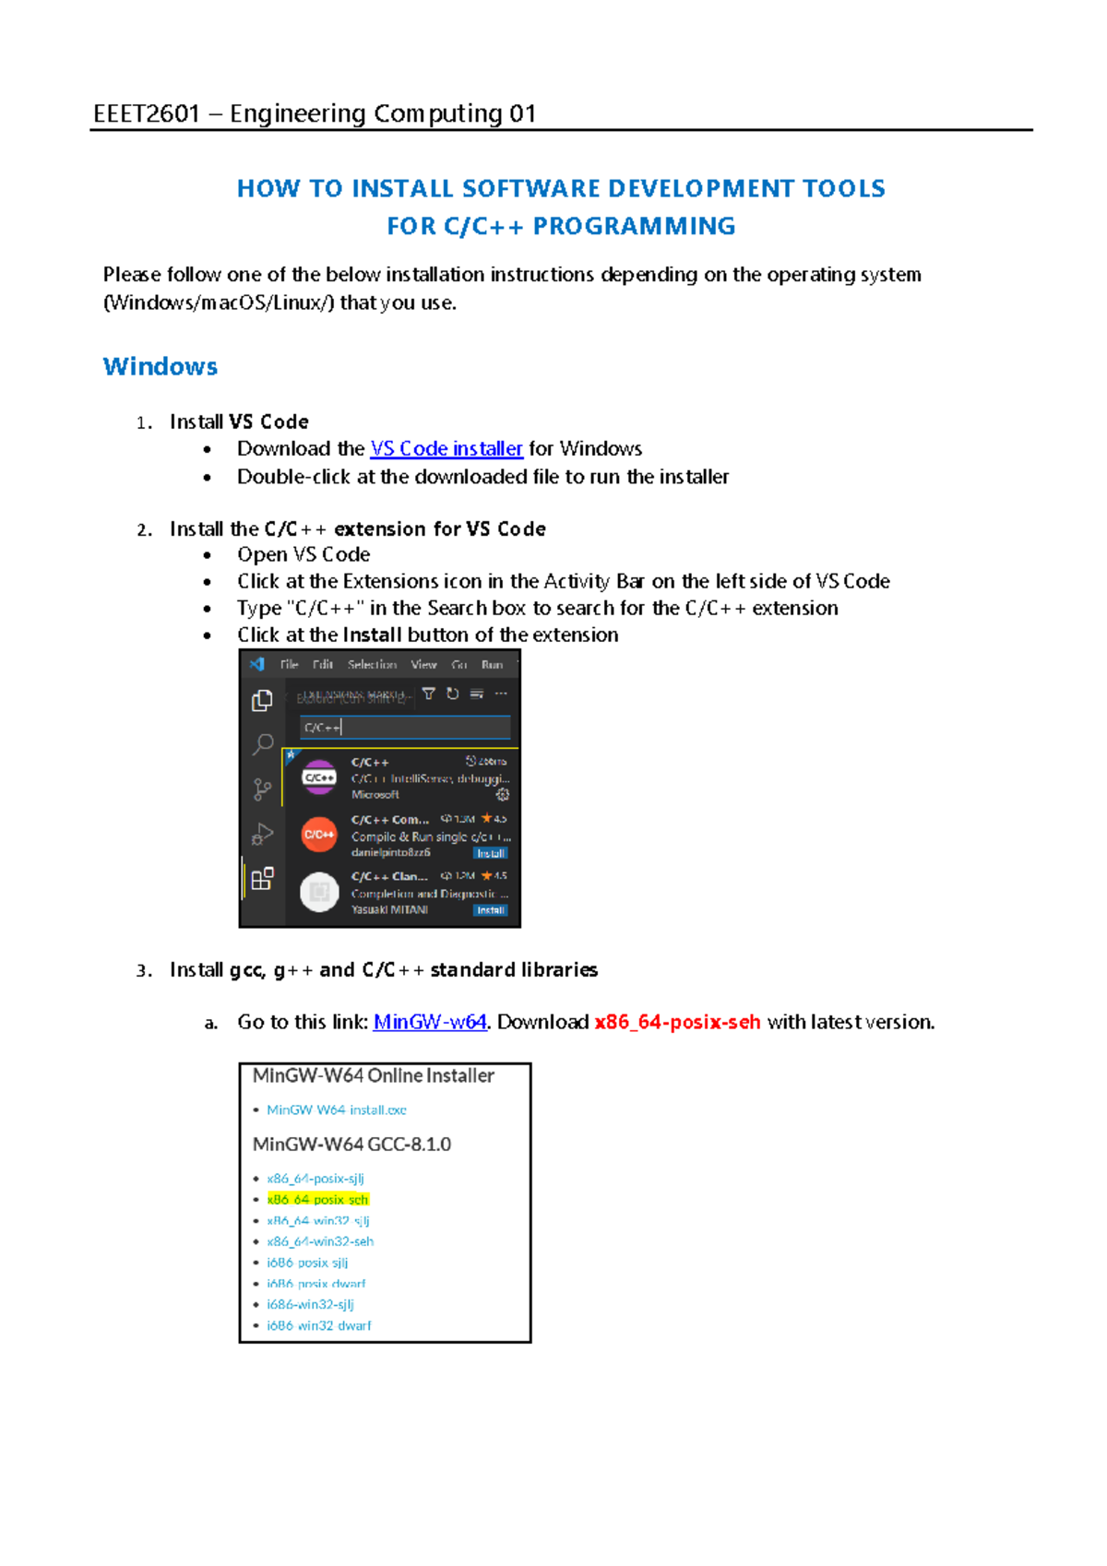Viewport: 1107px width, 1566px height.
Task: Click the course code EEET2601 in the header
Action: pyautogui.click(x=146, y=113)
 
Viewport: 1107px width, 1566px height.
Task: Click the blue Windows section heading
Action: pyautogui.click(x=161, y=367)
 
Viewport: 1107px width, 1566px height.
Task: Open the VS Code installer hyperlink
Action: pyautogui.click(x=446, y=449)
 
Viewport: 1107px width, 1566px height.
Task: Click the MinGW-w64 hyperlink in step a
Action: pyautogui.click(x=430, y=1022)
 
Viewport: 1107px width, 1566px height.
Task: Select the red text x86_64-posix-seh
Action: pyautogui.click(x=677, y=1022)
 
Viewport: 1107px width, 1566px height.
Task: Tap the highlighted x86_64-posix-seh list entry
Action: pyautogui.click(x=317, y=1200)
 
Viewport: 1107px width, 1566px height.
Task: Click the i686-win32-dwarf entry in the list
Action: pyautogui.click(x=319, y=1325)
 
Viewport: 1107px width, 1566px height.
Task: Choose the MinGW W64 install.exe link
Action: pyautogui.click(x=336, y=1110)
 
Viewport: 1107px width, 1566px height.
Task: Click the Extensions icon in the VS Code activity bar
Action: pyautogui.click(x=262, y=878)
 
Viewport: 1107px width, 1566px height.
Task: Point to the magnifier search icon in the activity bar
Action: pyautogui.click(x=263, y=743)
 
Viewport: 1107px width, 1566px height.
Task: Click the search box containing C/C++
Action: pyautogui.click(x=404, y=728)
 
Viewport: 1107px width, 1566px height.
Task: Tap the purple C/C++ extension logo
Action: pyautogui.click(x=319, y=777)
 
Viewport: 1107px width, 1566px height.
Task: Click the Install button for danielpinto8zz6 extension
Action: pyautogui.click(x=491, y=853)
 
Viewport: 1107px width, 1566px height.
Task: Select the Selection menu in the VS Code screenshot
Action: pyautogui.click(x=372, y=665)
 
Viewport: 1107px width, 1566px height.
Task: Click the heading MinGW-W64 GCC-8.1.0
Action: pyautogui.click(x=351, y=1145)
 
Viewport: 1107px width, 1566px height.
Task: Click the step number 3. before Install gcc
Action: pyautogui.click(x=143, y=970)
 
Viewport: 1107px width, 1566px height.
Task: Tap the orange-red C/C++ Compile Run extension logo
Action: pyautogui.click(x=319, y=835)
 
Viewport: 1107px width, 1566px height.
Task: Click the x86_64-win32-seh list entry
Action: pyautogui.click(x=320, y=1241)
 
